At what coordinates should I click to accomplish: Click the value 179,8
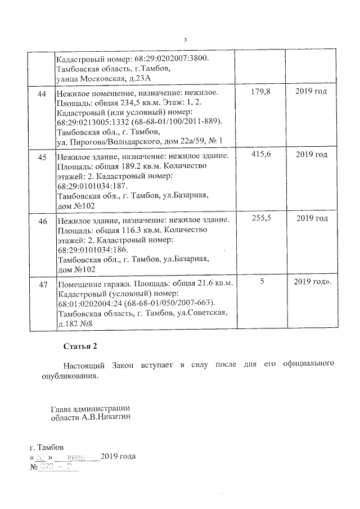(x=259, y=92)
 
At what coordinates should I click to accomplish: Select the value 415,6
(x=259, y=154)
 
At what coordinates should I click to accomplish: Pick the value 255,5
(x=259, y=218)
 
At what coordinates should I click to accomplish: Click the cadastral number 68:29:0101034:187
(x=92, y=186)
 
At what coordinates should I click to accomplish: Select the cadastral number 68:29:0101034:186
(x=92, y=250)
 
